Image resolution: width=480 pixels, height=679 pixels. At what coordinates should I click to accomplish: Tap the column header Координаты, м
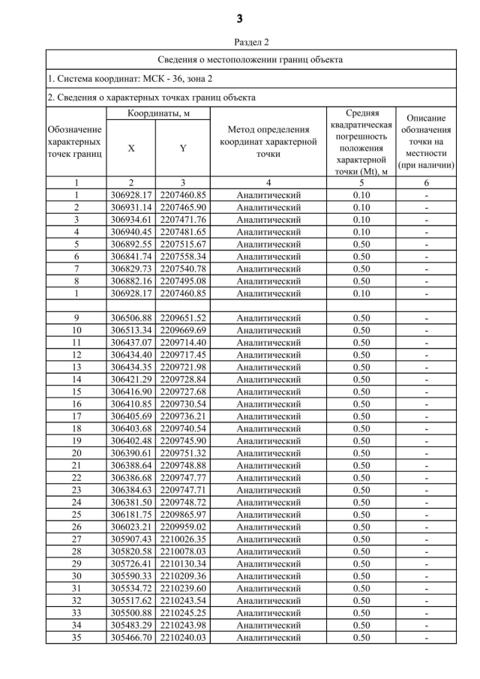click(x=157, y=113)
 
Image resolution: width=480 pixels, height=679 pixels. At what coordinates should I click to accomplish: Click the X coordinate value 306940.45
click(x=130, y=232)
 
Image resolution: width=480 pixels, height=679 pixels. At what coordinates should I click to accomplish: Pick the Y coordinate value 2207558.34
click(x=183, y=257)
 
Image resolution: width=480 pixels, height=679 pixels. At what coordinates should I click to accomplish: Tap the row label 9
click(x=75, y=318)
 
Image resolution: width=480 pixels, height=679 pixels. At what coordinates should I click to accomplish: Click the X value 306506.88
click(x=130, y=318)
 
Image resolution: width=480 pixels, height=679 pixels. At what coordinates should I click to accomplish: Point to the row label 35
click(x=75, y=638)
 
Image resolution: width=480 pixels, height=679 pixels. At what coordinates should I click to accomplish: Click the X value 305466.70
click(x=130, y=638)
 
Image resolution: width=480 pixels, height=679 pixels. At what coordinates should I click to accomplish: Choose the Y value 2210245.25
click(x=183, y=613)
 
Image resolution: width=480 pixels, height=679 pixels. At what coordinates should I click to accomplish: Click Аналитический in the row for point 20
click(x=268, y=453)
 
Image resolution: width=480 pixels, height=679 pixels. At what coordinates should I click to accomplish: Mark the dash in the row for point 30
click(x=426, y=576)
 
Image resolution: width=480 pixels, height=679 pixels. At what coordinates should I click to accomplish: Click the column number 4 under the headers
click(x=268, y=182)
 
